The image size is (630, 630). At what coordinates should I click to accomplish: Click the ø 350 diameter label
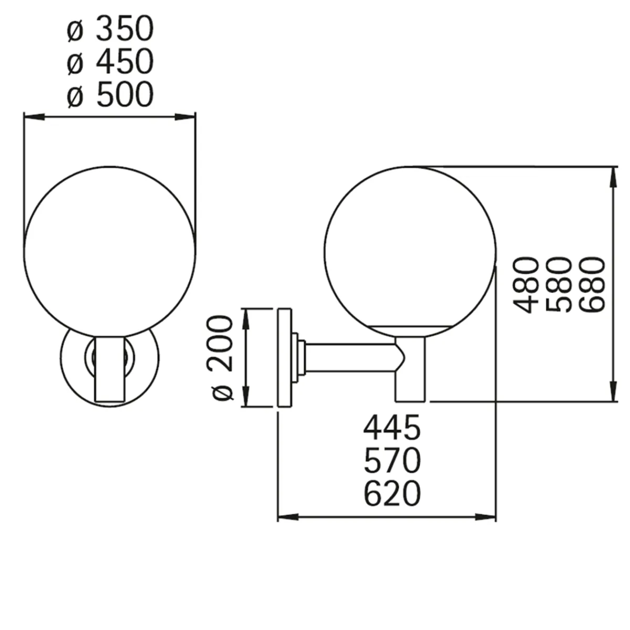pos(110,29)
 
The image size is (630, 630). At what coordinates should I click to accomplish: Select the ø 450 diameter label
pos(110,61)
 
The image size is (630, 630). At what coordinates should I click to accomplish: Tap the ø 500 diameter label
pos(110,94)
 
